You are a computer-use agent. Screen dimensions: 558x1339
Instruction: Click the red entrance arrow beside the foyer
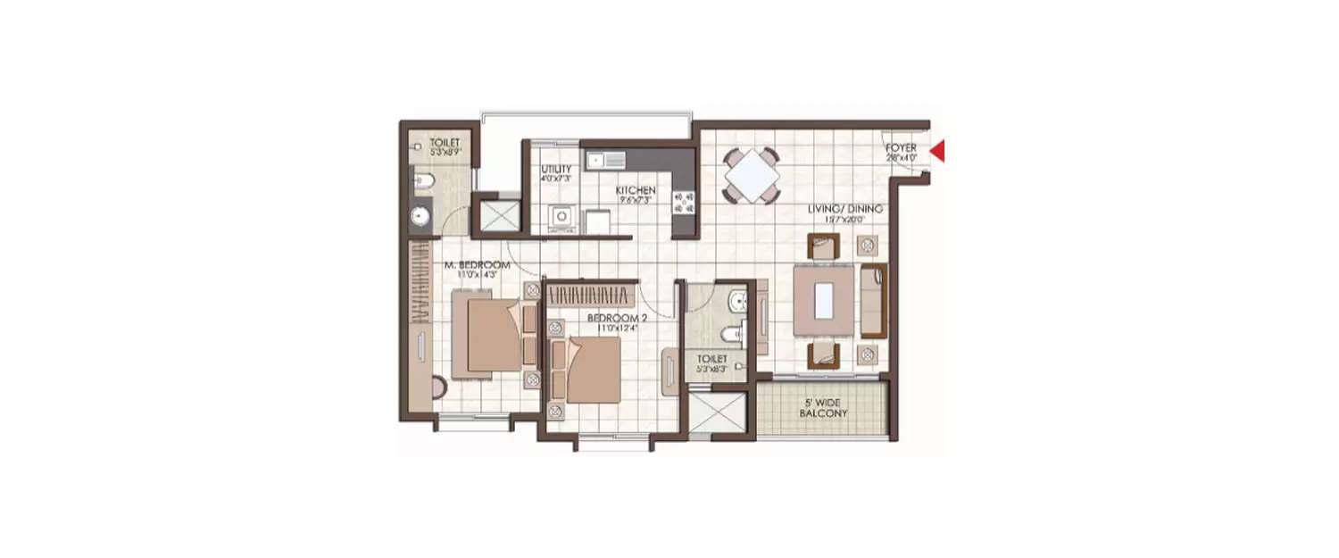(x=937, y=154)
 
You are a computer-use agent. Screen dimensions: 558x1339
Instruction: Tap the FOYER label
(x=901, y=147)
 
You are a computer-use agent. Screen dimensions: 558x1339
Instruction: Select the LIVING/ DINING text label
(x=844, y=209)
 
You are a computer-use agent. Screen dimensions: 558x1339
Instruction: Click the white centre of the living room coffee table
(x=825, y=299)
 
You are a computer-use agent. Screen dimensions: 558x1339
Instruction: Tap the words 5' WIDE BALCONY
(x=822, y=409)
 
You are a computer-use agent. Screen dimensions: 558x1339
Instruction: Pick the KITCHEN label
(x=636, y=190)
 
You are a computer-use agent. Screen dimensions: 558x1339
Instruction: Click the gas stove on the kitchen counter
(x=685, y=204)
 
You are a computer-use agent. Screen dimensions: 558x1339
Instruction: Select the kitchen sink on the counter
(x=605, y=160)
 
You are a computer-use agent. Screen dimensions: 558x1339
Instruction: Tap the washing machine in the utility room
(x=561, y=217)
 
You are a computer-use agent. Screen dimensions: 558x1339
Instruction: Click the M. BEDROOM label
(x=478, y=265)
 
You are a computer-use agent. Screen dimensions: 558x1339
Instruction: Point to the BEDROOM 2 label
(x=616, y=318)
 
